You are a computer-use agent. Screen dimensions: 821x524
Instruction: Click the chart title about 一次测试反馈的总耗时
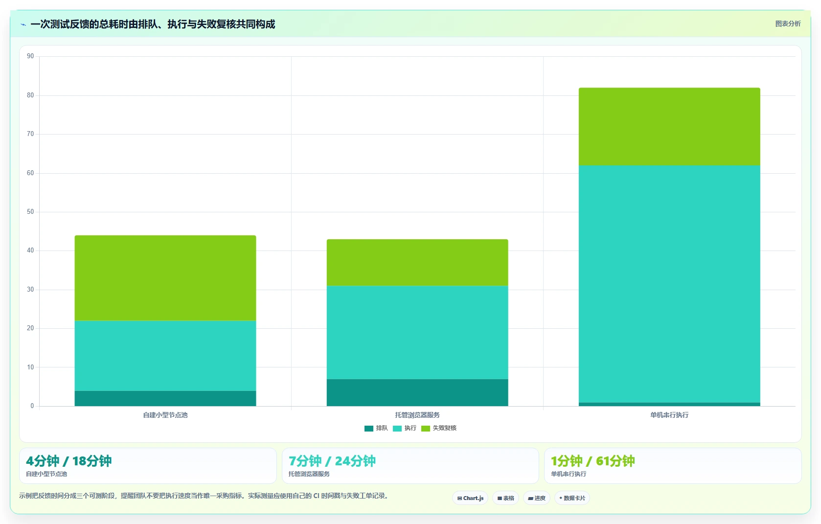pos(153,24)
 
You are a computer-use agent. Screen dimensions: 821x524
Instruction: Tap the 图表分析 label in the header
pos(788,24)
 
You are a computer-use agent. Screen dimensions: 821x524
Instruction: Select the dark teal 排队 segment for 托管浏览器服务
pos(417,392)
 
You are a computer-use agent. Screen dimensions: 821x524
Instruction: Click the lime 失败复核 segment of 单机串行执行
pos(670,126)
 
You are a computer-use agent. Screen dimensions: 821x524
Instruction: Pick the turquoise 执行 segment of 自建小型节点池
pos(165,356)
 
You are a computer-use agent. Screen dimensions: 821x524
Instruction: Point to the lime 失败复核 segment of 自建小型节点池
pos(165,278)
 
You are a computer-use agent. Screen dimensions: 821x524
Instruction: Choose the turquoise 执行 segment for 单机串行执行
pos(670,284)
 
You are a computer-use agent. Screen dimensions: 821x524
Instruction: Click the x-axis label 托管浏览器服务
pos(417,415)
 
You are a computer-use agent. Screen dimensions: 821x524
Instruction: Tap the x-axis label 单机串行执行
pos(670,415)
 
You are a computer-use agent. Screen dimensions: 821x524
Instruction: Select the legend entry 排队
pos(376,428)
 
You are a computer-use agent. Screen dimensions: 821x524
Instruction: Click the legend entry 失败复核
pos(439,428)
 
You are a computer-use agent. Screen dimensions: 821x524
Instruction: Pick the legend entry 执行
pos(405,428)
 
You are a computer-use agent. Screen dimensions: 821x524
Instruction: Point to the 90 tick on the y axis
pos(30,56)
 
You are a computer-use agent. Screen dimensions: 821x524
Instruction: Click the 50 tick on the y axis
pos(30,212)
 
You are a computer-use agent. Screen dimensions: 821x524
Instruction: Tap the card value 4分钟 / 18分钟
pos(69,461)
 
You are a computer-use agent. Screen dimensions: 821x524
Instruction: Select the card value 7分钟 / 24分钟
pos(332,461)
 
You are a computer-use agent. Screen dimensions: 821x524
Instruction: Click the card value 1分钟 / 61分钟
pos(593,461)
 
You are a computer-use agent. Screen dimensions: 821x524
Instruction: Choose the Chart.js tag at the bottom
pos(470,498)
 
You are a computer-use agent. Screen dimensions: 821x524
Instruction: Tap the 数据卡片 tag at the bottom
pos(572,498)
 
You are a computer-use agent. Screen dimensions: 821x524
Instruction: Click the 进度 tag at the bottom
pos(537,498)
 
